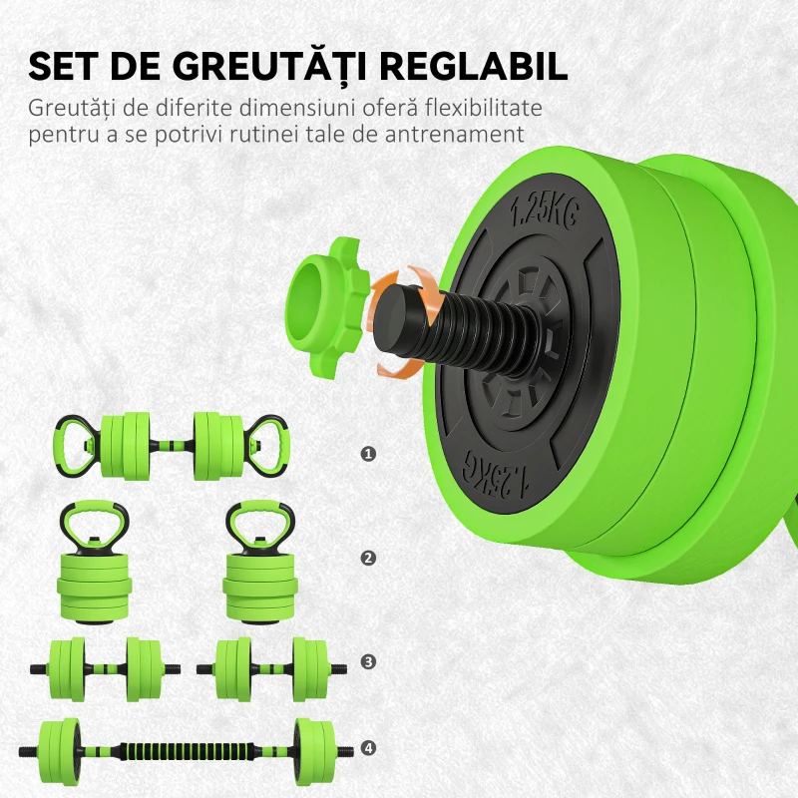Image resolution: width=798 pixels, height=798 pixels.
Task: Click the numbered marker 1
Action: (x=369, y=454)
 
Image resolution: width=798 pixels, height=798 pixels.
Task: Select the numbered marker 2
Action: (x=369, y=558)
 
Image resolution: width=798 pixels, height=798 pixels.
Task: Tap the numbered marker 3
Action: (x=369, y=661)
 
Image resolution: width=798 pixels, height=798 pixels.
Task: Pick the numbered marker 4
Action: (x=369, y=747)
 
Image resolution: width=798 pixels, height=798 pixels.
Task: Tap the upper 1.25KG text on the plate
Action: (x=544, y=210)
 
